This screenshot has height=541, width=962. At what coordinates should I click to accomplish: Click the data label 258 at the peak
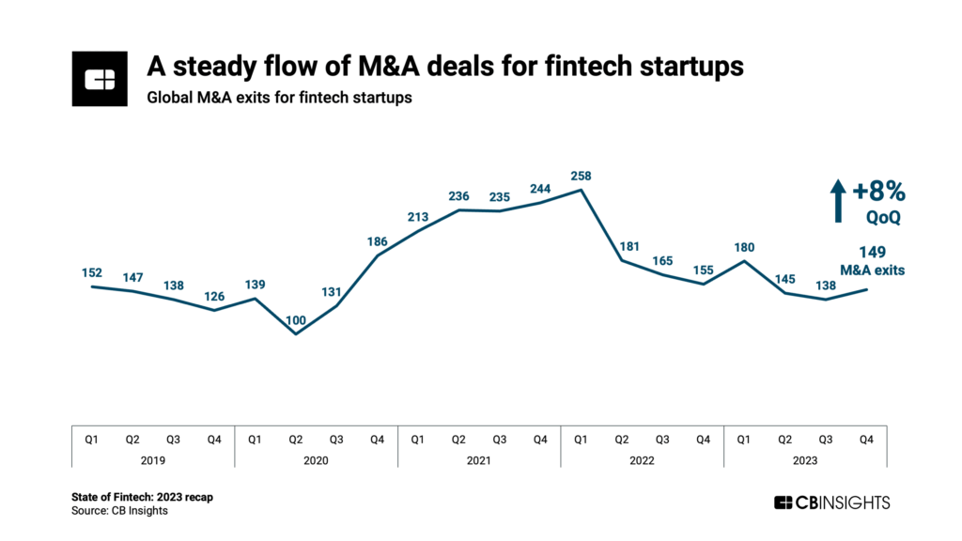click(582, 176)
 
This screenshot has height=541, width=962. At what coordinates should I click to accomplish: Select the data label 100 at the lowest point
click(296, 319)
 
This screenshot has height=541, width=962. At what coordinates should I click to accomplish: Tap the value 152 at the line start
click(91, 272)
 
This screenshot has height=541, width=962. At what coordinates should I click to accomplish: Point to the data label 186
click(378, 241)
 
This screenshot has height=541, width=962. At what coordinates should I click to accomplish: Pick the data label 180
click(744, 247)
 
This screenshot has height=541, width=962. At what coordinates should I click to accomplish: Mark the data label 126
click(214, 297)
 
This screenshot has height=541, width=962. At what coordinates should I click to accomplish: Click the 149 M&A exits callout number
click(872, 252)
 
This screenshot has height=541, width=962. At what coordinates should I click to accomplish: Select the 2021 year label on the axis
click(479, 460)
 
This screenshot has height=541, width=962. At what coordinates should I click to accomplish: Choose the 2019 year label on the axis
click(153, 460)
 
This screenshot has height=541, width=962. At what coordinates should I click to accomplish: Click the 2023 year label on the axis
click(805, 460)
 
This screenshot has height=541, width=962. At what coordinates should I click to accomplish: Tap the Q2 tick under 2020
click(296, 438)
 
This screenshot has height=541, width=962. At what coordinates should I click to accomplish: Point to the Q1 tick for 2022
click(582, 438)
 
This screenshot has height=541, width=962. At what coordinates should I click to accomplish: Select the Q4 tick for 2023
click(867, 438)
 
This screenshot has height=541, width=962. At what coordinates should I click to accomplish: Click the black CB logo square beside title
click(100, 80)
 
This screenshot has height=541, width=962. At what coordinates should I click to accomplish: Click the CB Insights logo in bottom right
click(830, 502)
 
